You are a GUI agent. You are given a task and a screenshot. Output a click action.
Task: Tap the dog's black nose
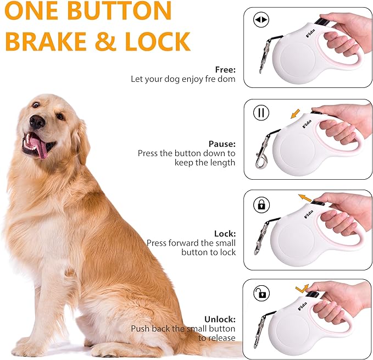(x=37, y=122)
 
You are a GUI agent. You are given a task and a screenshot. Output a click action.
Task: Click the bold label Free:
(x=225, y=70)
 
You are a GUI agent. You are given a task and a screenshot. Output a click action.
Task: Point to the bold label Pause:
(x=222, y=144)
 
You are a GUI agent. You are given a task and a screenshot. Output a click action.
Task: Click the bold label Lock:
(x=225, y=233)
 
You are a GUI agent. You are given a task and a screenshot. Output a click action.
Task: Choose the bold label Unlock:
(x=220, y=319)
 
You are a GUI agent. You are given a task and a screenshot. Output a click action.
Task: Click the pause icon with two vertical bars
(x=261, y=113)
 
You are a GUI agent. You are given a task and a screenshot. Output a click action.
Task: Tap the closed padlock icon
(x=261, y=205)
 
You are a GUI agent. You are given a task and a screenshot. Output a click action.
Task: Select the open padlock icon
(x=261, y=293)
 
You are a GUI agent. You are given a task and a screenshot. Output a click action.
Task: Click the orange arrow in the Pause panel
(x=295, y=114)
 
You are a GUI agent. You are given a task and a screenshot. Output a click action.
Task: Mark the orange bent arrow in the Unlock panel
(x=302, y=287)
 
